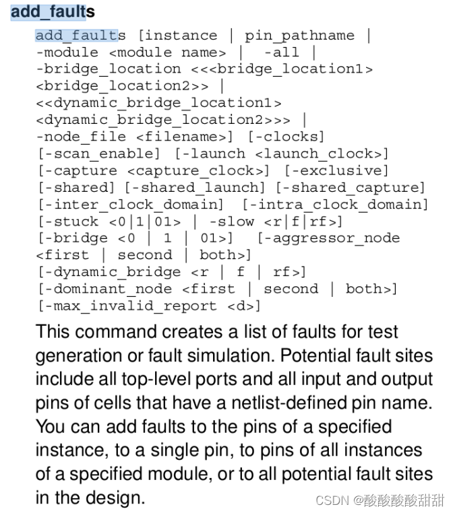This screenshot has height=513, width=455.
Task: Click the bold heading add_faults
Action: click(53, 12)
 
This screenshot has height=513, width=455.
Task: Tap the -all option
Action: click(281, 52)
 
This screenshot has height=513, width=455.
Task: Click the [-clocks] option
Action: click(286, 137)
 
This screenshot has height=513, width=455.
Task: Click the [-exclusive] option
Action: click(336, 170)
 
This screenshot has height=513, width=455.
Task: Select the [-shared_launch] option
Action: click(195, 187)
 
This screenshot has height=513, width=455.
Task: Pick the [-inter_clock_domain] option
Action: click(130, 204)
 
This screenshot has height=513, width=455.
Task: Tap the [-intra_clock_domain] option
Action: click(335, 204)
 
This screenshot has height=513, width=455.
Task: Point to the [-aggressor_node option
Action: click(328, 238)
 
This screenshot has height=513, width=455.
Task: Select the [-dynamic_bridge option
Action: click(108, 272)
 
